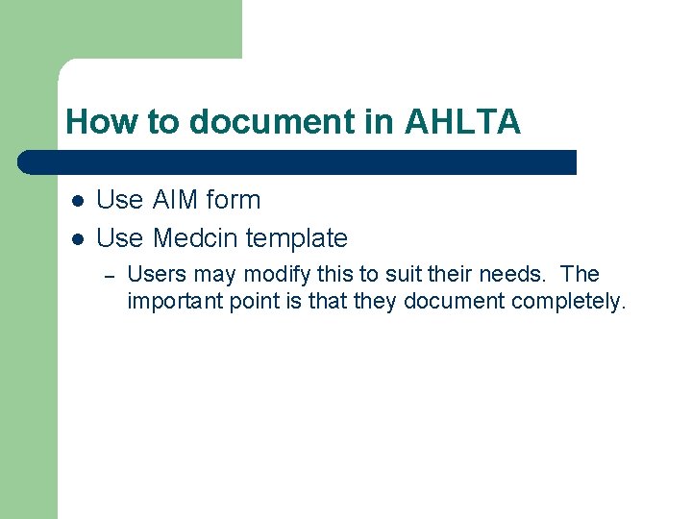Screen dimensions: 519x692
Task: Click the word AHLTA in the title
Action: [462, 123]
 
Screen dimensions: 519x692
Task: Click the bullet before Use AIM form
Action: [78, 201]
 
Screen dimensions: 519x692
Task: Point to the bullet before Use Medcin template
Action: [78, 238]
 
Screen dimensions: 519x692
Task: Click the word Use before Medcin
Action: [120, 237]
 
